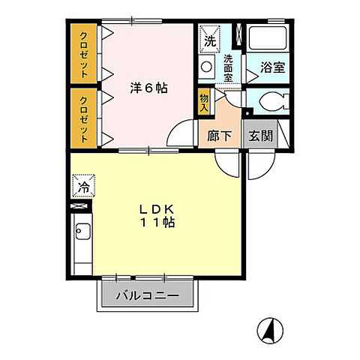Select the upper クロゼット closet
[x=84, y=55]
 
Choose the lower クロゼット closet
[x=84, y=118]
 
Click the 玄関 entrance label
[x=260, y=137]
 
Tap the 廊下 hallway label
[x=218, y=137]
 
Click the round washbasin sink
[x=208, y=67]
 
